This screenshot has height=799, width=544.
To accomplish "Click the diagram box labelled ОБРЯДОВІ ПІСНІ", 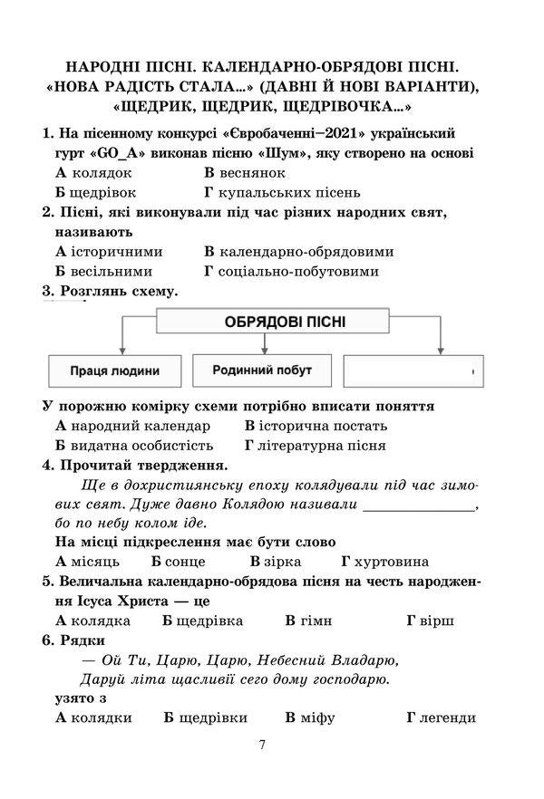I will click(273, 322).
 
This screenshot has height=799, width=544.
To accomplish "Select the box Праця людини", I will click(114, 371).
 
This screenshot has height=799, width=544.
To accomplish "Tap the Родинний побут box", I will click(262, 370).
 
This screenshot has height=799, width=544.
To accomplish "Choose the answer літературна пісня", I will click(323, 445).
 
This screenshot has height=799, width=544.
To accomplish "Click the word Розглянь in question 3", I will click(87, 291).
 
